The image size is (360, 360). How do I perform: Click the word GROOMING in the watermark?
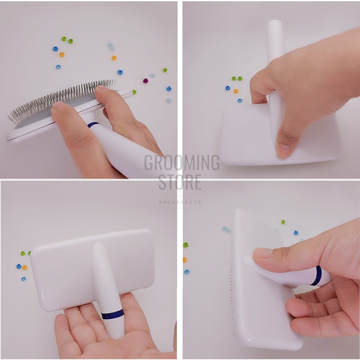[x=182, y=162]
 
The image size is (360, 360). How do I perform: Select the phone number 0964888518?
[x=180, y=202]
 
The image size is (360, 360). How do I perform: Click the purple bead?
[x=145, y=81]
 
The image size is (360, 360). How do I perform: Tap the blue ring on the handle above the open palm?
[x=112, y=314]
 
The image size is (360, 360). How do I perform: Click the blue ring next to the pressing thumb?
[x=318, y=275]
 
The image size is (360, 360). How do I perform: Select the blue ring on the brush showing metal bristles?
[x=93, y=125]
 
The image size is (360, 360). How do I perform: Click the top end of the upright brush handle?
[x=275, y=25]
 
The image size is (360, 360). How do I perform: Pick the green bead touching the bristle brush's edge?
[x=134, y=92]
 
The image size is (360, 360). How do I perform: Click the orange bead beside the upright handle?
[x=235, y=91]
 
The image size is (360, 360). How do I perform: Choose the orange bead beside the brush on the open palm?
[x=25, y=267]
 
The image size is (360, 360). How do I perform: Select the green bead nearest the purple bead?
[x=165, y=70]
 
